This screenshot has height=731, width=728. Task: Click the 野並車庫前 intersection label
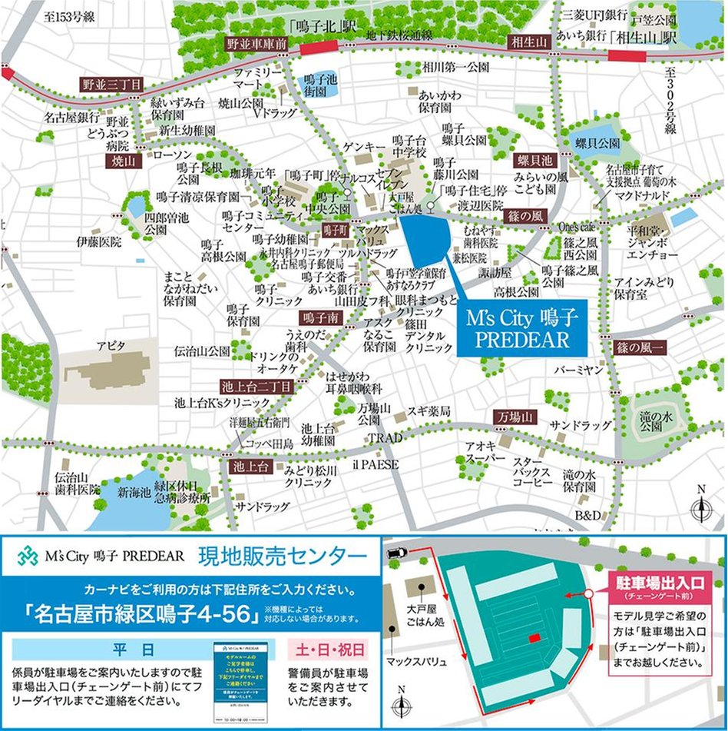pyautogui.click(x=256, y=45)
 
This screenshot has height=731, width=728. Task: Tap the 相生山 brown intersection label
pyautogui.click(x=529, y=43)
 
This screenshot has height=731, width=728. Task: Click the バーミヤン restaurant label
pyautogui.click(x=578, y=370)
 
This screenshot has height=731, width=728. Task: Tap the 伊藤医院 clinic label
pyautogui.click(x=98, y=241)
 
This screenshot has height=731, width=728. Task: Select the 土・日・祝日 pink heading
pyautogui.click(x=327, y=649)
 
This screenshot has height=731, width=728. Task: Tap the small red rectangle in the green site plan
pyautogui.click(x=534, y=639)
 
